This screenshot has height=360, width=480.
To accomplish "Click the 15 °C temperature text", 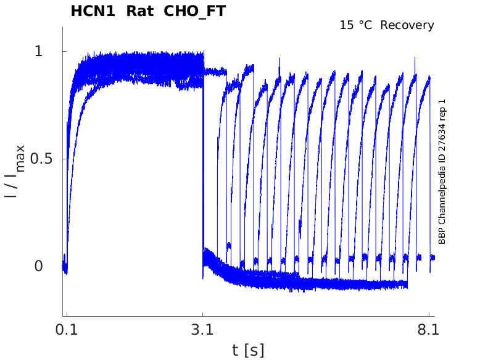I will [357, 25].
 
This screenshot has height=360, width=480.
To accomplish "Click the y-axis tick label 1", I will [39, 51].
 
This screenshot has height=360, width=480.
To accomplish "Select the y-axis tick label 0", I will [39, 266].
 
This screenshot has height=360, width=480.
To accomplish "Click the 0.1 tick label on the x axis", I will [66, 330].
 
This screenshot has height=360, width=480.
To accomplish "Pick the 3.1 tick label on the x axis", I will [202, 330].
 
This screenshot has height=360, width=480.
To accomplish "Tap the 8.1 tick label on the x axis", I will [428, 330].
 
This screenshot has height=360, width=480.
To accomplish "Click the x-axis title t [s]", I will [248, 350].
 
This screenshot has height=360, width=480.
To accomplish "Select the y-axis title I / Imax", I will [15, 171].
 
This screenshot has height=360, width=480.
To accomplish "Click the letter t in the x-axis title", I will [236, 350].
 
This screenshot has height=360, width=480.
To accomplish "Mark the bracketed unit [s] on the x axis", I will [254, 350].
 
